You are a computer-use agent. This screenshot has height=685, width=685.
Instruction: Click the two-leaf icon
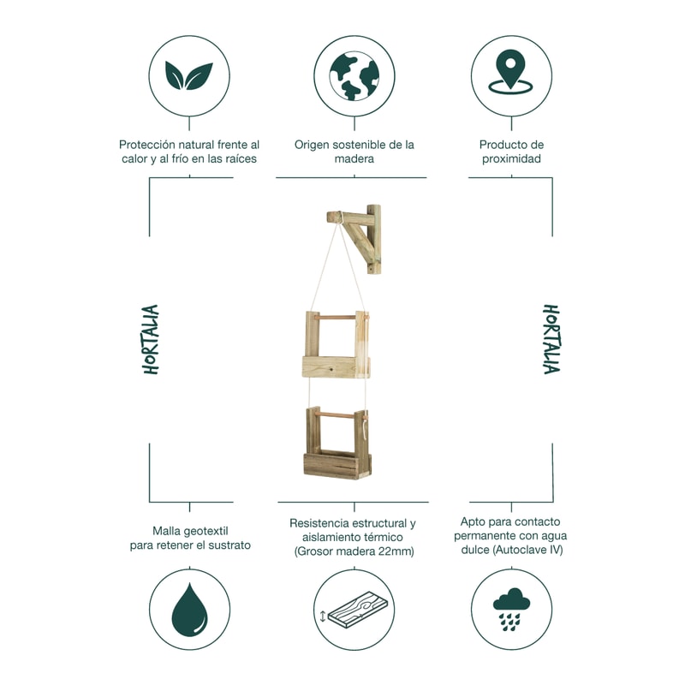[189, 76]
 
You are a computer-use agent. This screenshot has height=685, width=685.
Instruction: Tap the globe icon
[354, 76]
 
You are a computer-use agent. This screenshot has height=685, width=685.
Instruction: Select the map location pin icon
[510, 72]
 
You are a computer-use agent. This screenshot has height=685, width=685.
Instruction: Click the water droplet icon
[189, 609]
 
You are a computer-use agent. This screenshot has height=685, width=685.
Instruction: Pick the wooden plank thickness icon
[354, 610]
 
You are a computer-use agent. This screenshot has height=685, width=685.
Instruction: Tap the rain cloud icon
[511, 609]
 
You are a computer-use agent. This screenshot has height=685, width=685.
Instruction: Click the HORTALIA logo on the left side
[151, 339]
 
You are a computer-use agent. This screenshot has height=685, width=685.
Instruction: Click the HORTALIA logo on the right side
[551, 339]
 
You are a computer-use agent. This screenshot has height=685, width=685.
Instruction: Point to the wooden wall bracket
[354, 239]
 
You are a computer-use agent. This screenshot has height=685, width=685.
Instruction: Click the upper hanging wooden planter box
[336, 344]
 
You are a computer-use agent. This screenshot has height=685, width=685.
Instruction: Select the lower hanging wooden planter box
[337, 444]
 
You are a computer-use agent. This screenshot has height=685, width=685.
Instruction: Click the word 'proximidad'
[511, 158]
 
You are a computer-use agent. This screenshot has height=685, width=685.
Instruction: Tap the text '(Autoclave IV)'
[528, 550]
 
